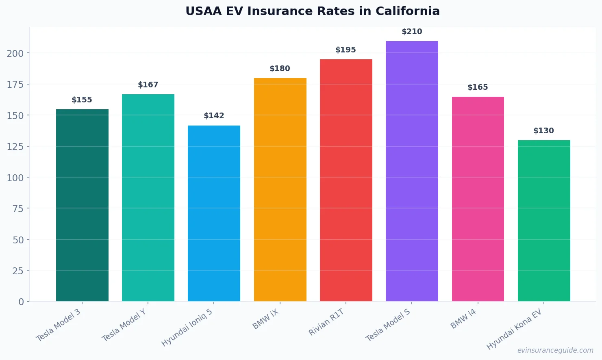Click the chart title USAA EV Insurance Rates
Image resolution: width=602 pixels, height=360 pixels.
pyautogui.click(x=312, y=11)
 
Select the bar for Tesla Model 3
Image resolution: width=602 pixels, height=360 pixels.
pyautogui.click(x=82, y=205)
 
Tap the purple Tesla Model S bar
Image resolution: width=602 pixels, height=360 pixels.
pyautogui.click(x=412, y=171)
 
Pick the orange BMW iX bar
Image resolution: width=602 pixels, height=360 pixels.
pyautogui.click(x=280, y=189)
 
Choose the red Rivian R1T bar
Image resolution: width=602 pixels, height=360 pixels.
pyautogui.click(x=346, y=180)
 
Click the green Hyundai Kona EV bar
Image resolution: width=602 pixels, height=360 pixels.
pyautogui.click(x=544, y=221)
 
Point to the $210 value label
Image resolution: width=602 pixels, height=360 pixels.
pyautogui.click(x=412, y=32)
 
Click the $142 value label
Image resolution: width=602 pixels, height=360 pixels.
pyautogui.click(x=214, y=116)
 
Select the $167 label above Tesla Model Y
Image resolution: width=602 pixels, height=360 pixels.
pyautogui.click(x=148, y=85)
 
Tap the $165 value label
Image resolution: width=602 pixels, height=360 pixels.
pyautogui.click(x=478, y=87)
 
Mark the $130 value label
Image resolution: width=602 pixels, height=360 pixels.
pyautogui.click(x=543, y=131)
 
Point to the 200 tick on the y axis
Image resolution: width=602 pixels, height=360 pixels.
pyautogui.click(x=15, y=53)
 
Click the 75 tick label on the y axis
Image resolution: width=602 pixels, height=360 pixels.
pyautogui.click(x=18, y=208)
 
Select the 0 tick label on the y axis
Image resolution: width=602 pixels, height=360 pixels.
pyautogui.click(x=21, y=301)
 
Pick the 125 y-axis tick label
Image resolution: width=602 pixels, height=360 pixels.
pyautogui.click(x=15, y=146)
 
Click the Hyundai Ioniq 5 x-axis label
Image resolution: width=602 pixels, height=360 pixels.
pyautogui.click(x=187, y=327)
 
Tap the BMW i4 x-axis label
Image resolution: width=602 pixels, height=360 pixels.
pyautogui.click(x=463, y=319)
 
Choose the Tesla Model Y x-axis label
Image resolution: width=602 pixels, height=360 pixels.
pyautogui.click(x=124, y=325)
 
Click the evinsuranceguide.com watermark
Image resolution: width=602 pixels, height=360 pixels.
pyautogui.click(x=555, y=350)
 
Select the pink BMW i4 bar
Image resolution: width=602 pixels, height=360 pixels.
pyautogui.click(x=478, y=199)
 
